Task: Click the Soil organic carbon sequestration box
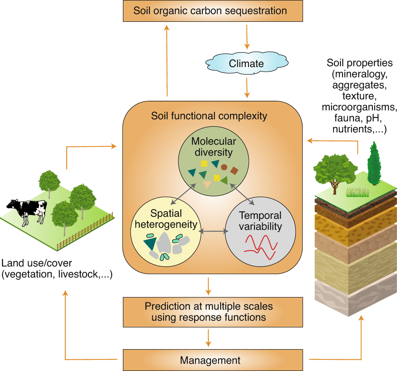click(x=210, y=11)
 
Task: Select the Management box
click(x=210, y=360)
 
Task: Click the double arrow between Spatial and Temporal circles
click(x=213, y=231)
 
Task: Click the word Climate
click(x=246, y=63)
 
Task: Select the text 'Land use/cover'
click(x=37, y=263)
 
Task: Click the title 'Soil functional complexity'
click(x=209, y=115)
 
